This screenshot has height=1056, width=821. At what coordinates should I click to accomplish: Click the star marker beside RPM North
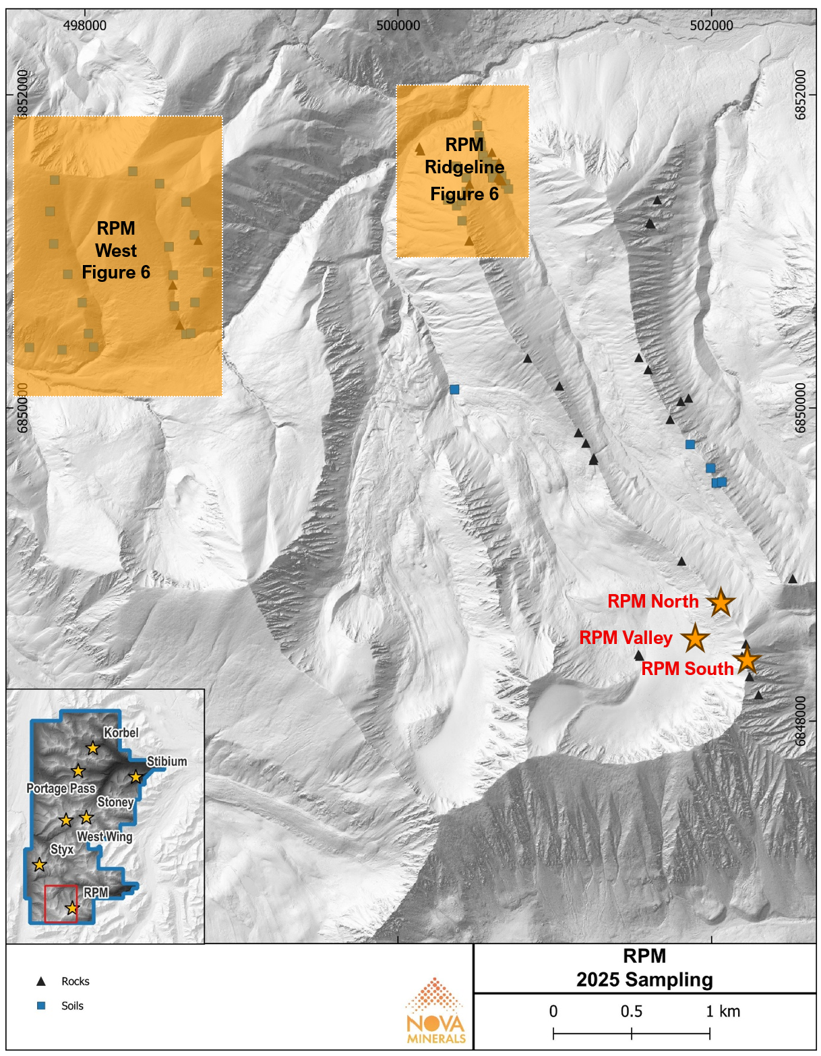721,602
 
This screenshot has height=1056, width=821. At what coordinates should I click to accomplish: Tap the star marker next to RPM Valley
695,638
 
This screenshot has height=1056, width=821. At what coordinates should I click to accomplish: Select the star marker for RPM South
747,661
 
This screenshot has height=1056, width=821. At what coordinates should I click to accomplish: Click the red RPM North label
652,602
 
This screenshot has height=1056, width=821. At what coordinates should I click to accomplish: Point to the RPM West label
116,239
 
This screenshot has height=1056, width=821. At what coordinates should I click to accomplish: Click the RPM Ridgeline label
464,156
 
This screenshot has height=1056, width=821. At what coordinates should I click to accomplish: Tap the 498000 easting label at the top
85,26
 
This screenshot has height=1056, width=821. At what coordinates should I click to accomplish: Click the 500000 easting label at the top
398,26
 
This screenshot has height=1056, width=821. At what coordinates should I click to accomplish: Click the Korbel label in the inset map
121,733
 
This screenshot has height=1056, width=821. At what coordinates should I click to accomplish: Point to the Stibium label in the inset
166,761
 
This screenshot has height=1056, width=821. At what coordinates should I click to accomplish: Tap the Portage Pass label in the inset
61,788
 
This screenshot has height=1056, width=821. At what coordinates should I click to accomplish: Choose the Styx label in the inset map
62,850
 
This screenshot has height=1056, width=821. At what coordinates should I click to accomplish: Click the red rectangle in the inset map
61,904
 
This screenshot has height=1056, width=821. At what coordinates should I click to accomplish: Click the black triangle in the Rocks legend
41,981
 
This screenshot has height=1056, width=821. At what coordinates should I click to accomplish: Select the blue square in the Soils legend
41,1005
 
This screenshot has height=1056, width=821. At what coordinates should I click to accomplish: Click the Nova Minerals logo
436,1011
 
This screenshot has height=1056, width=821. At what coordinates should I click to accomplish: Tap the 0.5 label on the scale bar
632,1011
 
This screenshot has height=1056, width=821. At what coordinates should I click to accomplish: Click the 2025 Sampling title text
644,980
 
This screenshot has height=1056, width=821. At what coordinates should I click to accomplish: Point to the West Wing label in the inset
104,837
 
